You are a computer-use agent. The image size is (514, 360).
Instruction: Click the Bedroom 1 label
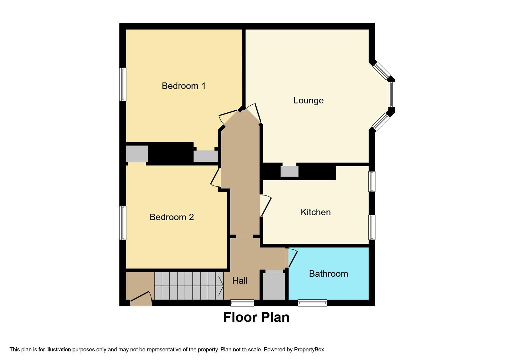(183, 86)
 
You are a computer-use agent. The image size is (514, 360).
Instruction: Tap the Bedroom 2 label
(171, 217)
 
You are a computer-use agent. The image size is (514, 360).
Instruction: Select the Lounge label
(308, 100)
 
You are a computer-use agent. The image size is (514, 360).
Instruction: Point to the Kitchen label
(315, 212)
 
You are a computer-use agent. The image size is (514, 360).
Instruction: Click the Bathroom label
(328, 274)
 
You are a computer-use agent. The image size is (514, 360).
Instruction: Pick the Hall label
(240, 281)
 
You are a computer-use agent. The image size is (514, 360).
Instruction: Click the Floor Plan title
(256, 317)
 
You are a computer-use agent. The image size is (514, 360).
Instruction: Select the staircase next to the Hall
(188, 286)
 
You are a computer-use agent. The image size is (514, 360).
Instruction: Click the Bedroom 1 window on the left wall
(123, 84)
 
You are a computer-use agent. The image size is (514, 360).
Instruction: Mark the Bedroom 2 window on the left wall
(123, 223)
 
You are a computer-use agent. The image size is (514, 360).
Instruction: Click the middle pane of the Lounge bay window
(391, 94)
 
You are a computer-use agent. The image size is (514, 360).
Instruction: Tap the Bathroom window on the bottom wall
(312, 303)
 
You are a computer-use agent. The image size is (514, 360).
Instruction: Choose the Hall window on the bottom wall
(242, 303)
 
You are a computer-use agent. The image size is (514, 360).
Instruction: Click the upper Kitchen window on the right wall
(372, 181)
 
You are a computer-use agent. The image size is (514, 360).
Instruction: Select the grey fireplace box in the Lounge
(289, 171)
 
